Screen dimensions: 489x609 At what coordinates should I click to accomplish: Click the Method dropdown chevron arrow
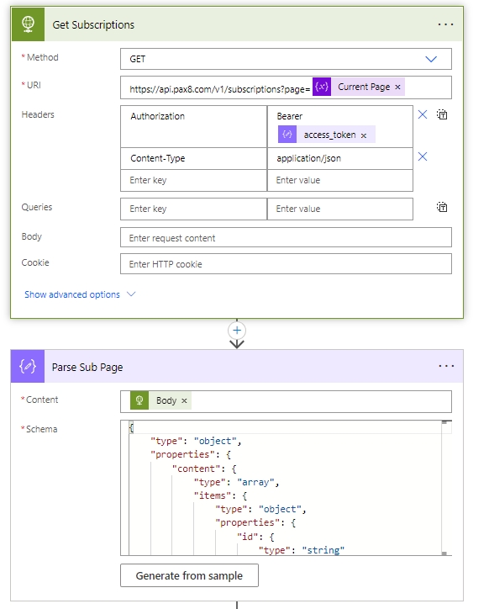click(431, 59)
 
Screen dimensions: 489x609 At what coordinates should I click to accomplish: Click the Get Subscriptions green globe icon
click(28, 24)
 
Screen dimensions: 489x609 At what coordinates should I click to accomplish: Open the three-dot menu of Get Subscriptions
click(445, 24)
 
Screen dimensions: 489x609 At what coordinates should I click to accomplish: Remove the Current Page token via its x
click(397, 87)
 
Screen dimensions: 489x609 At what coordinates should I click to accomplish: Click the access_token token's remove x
click(364, 135)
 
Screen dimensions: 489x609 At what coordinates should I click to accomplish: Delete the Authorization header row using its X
click(423, 114)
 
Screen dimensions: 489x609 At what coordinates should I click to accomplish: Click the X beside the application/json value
click(423, 156)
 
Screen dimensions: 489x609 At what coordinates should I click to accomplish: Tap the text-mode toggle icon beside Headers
click(442, 114)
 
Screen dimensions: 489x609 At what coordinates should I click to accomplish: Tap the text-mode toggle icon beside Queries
click(442, 207)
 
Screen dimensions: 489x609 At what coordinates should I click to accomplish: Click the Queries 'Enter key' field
click(193, 209)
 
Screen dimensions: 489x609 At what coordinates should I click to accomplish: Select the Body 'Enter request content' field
click(286, 238)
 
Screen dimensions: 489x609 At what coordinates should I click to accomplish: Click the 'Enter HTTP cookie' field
click(286, 264)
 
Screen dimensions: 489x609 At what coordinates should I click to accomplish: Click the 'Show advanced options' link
click(72, 294)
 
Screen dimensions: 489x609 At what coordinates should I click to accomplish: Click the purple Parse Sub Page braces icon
click(28, 366)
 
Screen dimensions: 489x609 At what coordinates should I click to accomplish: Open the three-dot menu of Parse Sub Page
click(446, 366)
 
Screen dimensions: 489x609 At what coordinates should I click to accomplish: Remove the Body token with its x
click(184, 401)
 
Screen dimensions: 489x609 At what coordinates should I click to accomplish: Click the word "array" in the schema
click(255, 482)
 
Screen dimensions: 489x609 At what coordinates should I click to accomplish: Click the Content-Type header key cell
click(193, 158)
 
